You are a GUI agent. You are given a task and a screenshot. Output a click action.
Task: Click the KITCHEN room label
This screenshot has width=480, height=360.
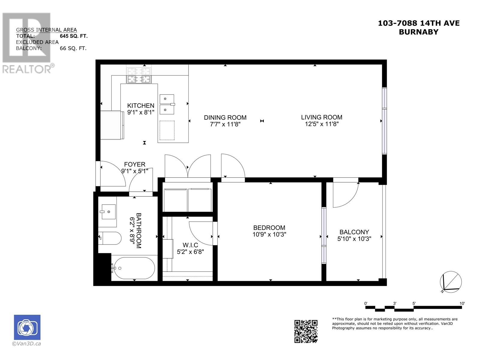tap(141, 106)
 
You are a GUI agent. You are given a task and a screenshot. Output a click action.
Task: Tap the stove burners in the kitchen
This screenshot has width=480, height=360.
tap(139, 75)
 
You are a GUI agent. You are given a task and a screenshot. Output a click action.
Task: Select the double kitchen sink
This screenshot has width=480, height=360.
tap(167, 104)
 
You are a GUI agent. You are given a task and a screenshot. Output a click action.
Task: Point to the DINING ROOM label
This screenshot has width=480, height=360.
tap(225, 118)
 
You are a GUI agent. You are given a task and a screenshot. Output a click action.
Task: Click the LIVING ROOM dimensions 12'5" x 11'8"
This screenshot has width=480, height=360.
tap(322, 124)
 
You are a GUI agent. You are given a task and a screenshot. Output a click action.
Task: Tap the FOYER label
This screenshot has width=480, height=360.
tap(134, 164)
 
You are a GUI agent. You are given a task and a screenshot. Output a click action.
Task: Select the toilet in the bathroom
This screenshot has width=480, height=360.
tap(110, 238)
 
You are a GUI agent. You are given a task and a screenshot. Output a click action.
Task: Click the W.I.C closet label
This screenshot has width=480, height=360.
tap(190, 245)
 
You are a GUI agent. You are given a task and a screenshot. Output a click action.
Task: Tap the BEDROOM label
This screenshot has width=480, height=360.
tap(269, 227)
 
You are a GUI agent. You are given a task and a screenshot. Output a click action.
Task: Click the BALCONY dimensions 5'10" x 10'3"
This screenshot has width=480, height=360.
tap(354, 239)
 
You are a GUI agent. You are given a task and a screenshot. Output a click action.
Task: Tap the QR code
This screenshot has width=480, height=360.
tap(306, 331)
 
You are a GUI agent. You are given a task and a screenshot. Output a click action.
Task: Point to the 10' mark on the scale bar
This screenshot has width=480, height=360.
tap(462, 303)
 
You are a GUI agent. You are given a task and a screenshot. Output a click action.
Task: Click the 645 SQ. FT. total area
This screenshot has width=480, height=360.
tap(74, 36)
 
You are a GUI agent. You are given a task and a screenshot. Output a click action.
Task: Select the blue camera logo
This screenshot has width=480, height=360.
tap(27, 327)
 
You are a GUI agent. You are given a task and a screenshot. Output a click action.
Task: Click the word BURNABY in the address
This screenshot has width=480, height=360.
tap(418, 32)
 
